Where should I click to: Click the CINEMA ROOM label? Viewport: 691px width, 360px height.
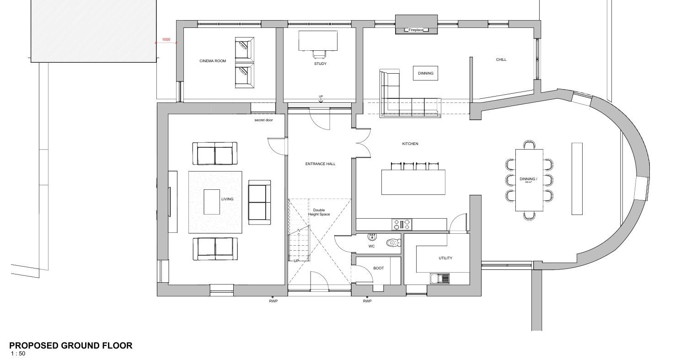point(213,61)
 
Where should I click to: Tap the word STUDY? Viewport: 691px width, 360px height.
point(320,64)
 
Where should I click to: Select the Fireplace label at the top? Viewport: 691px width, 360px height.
point(416,30)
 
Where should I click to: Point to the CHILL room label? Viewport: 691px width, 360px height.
point(501,59)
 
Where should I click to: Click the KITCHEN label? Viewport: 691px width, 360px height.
point(410,144)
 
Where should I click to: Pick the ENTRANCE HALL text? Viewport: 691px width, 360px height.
point(320,164)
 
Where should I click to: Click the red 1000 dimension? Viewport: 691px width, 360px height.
point(166,39)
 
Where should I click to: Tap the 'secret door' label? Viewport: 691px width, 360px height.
point(263,120)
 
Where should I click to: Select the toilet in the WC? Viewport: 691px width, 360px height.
point(393,243)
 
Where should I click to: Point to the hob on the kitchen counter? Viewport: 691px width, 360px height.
point(402,224)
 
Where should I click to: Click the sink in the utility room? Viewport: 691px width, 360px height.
point(440,278)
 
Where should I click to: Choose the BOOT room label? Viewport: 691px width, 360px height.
point(379,268)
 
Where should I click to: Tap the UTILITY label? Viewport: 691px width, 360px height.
point(445,258)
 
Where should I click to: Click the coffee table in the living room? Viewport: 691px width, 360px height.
point(212,202)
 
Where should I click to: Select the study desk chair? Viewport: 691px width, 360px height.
point(320,54)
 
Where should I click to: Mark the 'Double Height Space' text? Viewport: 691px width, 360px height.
point(319,212)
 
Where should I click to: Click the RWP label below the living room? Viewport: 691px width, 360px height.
point(273,301)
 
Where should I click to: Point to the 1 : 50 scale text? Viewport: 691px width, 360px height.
point(18,354)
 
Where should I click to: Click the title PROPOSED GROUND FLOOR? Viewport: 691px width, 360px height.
point(70,345)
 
